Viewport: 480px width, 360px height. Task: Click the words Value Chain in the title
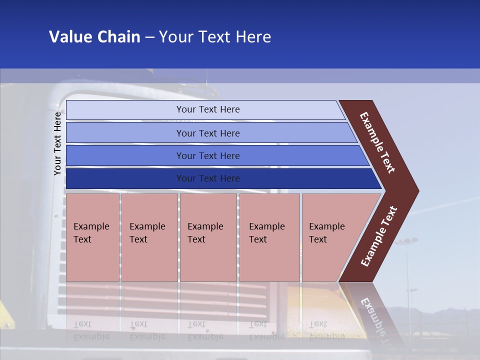click(94, 37)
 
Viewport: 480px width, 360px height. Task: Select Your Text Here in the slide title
click(215, 37)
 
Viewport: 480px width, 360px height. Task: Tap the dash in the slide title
click(149, 37)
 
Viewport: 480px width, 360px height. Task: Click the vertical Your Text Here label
click(57, 143)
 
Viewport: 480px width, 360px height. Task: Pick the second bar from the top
click(207, 133)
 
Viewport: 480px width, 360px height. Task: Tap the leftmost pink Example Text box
click(92, 237)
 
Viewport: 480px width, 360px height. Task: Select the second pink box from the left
click(149, 237)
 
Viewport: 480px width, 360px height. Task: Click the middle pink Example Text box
click(208, 237)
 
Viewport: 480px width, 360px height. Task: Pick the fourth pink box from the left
click(269, 237)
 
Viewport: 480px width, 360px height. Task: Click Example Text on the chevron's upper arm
click(378, 142)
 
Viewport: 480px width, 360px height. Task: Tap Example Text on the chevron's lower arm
click(379, 236)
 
